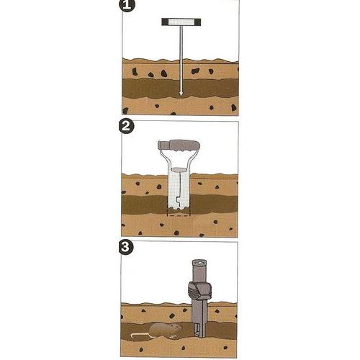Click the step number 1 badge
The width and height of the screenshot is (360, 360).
(127, 5)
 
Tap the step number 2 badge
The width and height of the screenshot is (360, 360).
(126, 127)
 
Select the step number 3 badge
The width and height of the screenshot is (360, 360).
(126, 247)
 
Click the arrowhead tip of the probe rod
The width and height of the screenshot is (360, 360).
(181, 96)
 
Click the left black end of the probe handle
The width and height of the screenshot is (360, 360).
(166, 22)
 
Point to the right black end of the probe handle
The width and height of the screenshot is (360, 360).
(197, 22)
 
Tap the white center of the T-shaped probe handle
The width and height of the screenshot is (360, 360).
(181, 22)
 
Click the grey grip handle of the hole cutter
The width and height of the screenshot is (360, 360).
(179, 145)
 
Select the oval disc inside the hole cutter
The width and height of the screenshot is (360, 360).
(179, 169)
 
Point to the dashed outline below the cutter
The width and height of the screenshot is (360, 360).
(179, 215)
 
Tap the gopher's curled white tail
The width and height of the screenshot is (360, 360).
(141, 336)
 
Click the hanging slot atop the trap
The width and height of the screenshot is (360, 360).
(199, 263)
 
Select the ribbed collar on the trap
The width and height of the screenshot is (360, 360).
(199, 291)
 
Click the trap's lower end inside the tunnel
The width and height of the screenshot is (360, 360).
(199, 330)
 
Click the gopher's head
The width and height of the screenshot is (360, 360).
(176, 328)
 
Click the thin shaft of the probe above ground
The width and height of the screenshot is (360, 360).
(181, 42)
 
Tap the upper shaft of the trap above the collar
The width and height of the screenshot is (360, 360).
(199, 271)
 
